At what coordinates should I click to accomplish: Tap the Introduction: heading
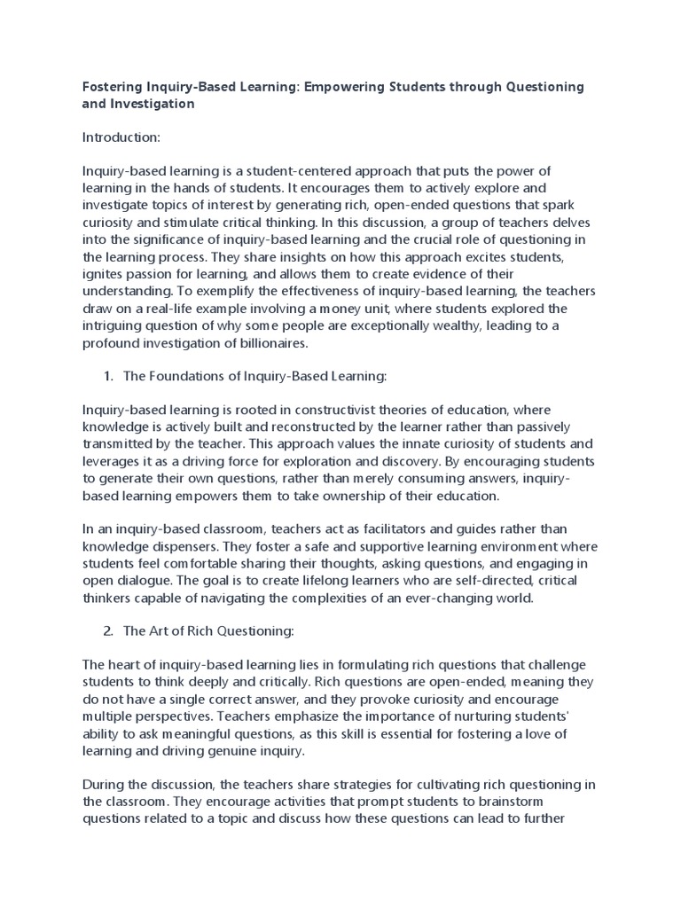[120, 137]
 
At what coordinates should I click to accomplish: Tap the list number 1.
[107, 376]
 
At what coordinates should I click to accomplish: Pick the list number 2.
[107, 631]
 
